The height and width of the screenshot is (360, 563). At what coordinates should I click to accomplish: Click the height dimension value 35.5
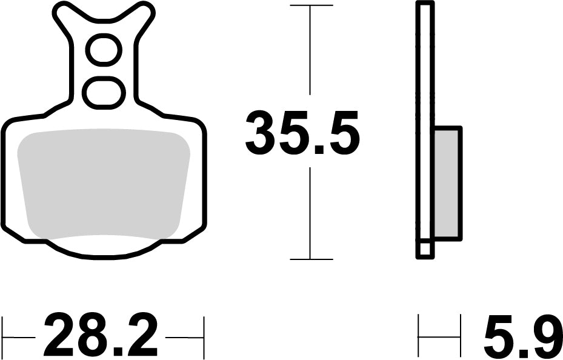[x=302, y=133]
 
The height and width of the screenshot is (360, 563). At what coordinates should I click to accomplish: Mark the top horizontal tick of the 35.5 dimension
[x=311, y=5]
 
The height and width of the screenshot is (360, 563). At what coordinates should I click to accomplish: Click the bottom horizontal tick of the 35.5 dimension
[x=311, y=259]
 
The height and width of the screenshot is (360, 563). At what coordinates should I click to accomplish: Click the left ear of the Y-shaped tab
[x=63, y=13]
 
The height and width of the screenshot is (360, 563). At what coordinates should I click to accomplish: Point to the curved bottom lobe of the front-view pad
[x=104, y=248]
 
